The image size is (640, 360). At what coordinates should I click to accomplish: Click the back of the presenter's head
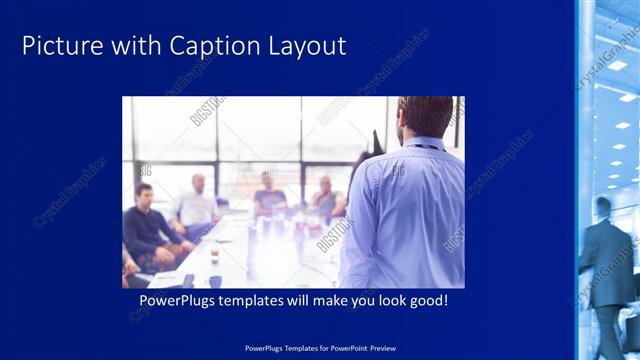[425, 116]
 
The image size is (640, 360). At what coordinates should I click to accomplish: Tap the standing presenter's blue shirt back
[405, 215]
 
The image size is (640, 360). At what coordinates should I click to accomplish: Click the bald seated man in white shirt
[196, 205]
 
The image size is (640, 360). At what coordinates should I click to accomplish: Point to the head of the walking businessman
[603, 207]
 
